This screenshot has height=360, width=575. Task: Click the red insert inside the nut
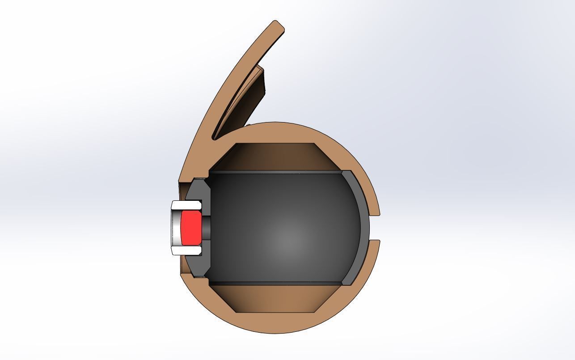191,228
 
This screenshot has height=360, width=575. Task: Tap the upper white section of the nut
186,206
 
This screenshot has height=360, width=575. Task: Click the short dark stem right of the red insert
206,228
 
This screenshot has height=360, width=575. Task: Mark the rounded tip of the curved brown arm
278,26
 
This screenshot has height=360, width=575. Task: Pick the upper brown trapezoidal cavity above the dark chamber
275,157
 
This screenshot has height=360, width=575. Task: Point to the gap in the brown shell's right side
376,228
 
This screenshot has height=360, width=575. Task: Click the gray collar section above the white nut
198,191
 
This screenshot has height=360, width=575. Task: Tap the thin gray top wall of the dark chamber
275,172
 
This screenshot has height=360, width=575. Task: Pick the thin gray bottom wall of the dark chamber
275,283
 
